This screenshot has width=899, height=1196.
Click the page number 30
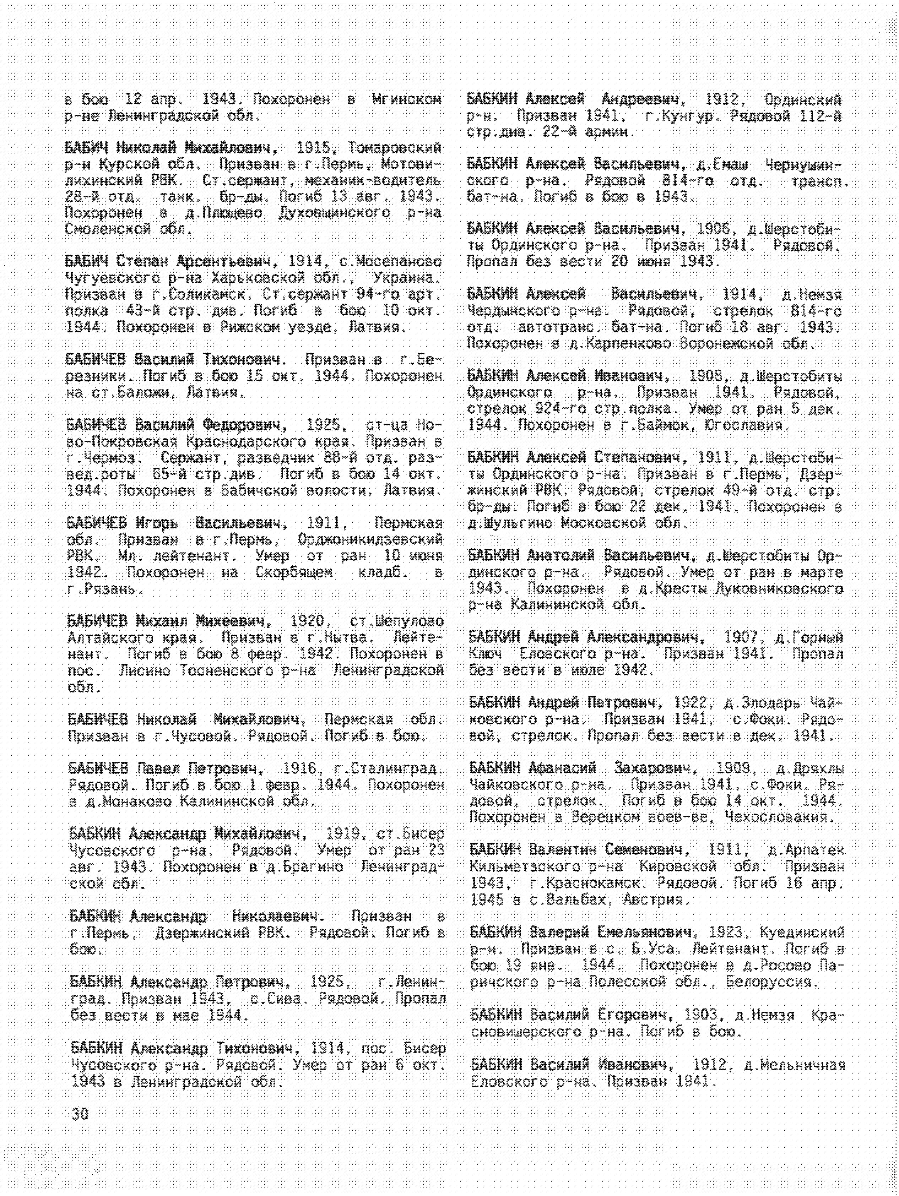point(80,1114)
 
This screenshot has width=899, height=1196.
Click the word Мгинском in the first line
point(406,99)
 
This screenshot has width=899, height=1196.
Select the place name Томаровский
point(395,148)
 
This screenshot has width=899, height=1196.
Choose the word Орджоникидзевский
point(370,540)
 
